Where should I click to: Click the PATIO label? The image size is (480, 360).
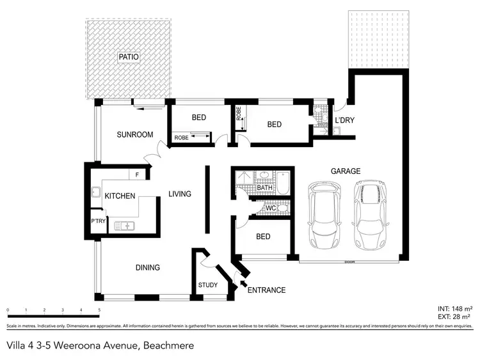coord(129,58)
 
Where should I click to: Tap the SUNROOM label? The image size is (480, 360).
coord(134,135)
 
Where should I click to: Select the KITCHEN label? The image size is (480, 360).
coord(120,196)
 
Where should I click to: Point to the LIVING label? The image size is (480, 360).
coord(180,194)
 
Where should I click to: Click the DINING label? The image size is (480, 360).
coord(147,267)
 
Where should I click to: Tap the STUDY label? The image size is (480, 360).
coord(208,285)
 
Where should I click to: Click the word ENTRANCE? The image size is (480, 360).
coord(267,290)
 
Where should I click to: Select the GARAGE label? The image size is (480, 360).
coord(346,171)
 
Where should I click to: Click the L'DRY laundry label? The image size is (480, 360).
coord(344,120)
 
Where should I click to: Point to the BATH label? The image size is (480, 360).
coord(264,187)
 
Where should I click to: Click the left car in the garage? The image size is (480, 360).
coord(324,215)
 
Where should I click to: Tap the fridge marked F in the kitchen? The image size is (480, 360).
coord(137,175)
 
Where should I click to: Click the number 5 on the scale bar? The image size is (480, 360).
coord(99,310)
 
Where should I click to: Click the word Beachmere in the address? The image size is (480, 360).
coord(168,345)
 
